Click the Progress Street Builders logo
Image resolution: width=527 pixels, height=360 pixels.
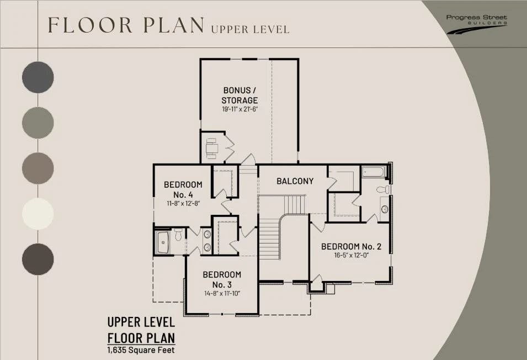point(477,24)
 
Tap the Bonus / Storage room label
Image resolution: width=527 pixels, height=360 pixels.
point(239,95)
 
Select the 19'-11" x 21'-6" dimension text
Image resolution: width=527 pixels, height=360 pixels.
point(239,109)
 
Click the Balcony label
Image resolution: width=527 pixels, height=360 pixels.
point(295,181)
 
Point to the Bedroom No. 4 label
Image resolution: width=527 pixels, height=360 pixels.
point(183,189)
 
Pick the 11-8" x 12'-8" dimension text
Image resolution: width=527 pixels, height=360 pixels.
point(184,203)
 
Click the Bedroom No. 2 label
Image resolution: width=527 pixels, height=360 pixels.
point(351,246)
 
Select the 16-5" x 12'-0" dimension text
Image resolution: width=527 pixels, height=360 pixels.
point(352,255)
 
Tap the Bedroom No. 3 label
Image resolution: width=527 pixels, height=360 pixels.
point(222,279)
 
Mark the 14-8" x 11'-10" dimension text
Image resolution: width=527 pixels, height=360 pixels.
point(222,293)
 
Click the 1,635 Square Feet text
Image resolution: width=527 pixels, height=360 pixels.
point(141,350)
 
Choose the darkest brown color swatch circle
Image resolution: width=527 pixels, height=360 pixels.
point(38,259)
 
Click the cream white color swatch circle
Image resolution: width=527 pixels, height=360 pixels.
point(38,214)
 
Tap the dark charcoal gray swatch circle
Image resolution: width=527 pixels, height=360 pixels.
point(38,77)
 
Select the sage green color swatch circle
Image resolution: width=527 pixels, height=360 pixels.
point(38,123)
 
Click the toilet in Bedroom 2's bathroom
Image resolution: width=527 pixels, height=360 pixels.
point(383,189)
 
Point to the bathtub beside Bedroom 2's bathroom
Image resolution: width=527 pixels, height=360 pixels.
point(374,172)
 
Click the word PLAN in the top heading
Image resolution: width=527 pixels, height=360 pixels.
point(174,25)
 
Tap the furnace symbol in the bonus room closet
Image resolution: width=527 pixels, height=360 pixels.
point(212,148)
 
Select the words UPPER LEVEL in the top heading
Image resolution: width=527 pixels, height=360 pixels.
point(251,30)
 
